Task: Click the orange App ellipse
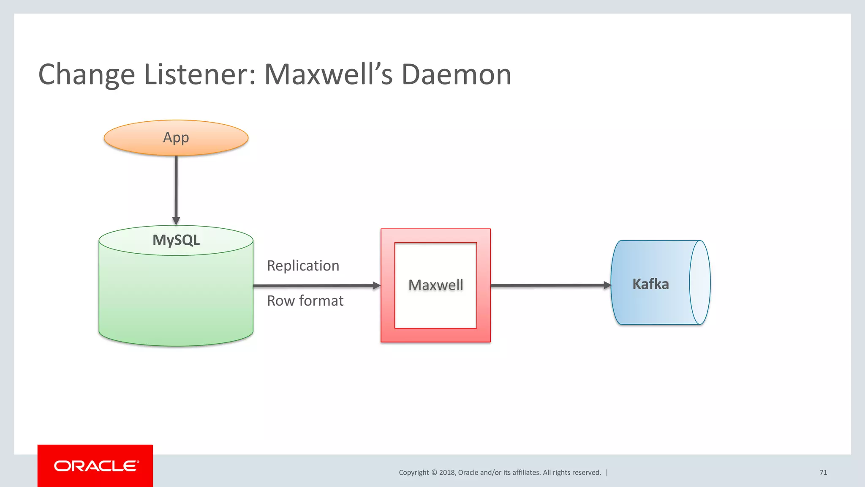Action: point(176,138)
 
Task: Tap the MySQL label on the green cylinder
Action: point(176,240)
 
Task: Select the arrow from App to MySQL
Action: point(176,188)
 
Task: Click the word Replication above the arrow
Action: point(303,266)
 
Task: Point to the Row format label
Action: point(305,301)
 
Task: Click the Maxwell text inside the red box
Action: point(435,285)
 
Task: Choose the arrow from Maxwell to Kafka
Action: point(549,286)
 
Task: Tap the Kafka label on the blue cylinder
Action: point(650,284)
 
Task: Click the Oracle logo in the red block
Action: point(96,466)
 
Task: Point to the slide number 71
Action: point(823,473)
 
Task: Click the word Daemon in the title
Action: point(456,74)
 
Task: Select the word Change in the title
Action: point(87,74)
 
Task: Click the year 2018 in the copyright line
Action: point(447,473)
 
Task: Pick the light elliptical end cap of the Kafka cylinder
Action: point(700,282)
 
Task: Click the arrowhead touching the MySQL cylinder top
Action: point(176,221)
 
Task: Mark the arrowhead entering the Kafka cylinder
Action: point(607,285)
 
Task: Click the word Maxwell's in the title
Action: point(328,74)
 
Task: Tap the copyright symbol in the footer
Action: point(434,473)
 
